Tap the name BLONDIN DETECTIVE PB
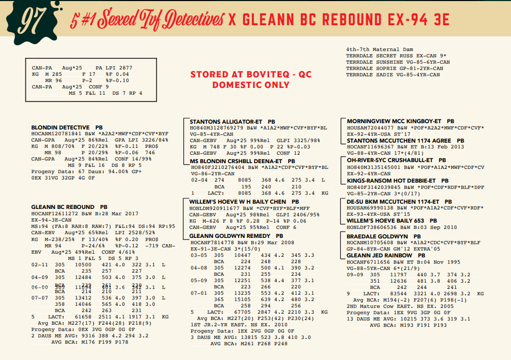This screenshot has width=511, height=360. tap(67, 128)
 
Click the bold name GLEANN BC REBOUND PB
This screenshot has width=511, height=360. tap(66, 207)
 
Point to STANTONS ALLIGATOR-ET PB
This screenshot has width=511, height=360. tap(232, 121)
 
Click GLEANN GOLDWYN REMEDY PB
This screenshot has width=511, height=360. tap(236, 236)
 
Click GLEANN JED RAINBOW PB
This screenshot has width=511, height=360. tap(382, 255)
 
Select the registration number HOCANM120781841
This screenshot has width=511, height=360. tap(56, 134)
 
